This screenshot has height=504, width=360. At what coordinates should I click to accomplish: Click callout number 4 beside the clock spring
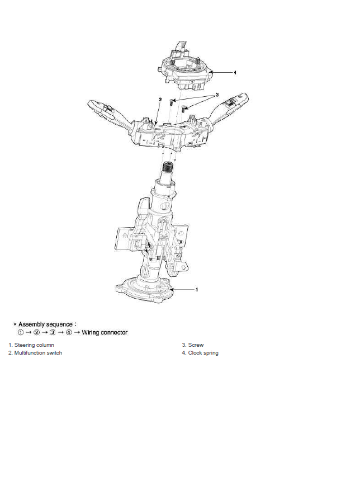[x=235, y=73]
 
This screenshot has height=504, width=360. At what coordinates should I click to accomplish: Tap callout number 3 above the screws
[x=217, y=95]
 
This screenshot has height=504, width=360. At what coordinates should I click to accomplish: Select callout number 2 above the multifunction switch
[x=160, y=100]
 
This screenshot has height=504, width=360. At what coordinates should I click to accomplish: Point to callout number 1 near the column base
[x=197, y=290]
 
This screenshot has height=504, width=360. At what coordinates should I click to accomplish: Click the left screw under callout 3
[x=172, y=103]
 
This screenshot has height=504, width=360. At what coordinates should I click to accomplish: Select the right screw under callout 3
[x=184, y=109]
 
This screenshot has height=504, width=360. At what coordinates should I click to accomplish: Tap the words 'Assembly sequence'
[x=45, y=324]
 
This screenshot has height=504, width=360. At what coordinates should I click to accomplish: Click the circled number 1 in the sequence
[x=21, y=332]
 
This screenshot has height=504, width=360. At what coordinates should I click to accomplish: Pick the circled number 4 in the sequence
[x=69, y=332]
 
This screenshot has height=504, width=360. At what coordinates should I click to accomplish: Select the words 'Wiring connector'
[x=105, y=332]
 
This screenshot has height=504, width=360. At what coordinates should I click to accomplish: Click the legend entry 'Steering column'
[x=31, y=345]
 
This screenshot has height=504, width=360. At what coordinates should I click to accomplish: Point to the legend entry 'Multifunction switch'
[x=35, y=352]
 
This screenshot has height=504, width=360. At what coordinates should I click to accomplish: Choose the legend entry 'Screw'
[x=193, y=345]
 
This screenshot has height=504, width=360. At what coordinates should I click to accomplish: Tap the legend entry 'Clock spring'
[x=200, y=353]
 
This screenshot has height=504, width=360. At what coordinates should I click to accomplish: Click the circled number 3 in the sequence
[x=53, y=332]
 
